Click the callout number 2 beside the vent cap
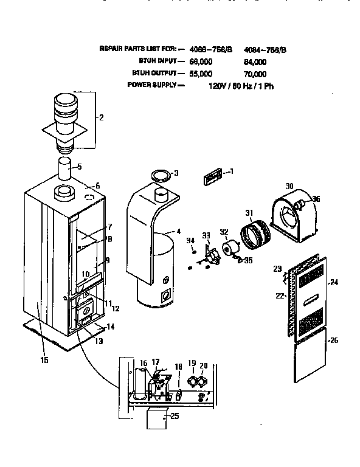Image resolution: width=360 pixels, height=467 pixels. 101,118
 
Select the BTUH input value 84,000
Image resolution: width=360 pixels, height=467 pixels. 255,61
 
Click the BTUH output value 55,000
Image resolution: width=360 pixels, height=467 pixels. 201,74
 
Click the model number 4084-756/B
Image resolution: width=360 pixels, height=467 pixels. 265,49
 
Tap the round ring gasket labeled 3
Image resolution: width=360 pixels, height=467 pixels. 161,176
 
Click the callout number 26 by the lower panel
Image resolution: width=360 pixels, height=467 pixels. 333,341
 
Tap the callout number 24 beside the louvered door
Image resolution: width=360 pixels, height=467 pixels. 333,282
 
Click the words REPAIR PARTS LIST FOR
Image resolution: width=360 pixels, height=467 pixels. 139,49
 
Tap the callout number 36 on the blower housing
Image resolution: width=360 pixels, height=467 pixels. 316,198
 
